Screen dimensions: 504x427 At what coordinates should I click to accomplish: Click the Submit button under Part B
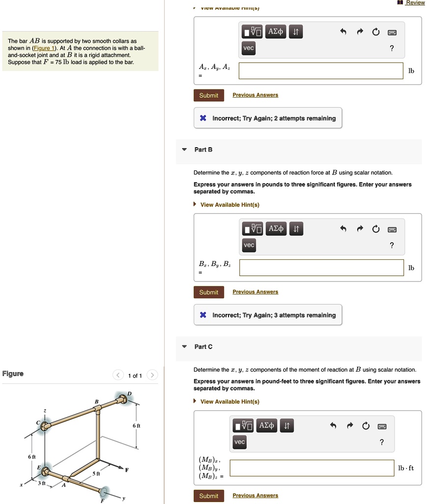click(x=208, y=292)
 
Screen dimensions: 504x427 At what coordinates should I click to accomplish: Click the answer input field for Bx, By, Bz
click(x=321, y=268)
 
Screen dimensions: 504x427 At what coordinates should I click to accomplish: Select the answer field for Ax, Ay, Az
click(x=321, y=71)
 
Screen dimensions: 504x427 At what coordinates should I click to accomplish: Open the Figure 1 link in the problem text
click(x=44, y=48)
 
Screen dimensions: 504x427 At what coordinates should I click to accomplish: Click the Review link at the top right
click(x=415, y=3)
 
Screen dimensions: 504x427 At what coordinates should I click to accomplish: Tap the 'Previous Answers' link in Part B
click(x=255, y=292)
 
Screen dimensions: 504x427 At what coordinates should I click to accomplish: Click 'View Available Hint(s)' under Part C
click(x=229, y=402)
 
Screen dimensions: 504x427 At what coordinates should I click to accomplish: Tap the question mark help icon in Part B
click(x=391, y=245)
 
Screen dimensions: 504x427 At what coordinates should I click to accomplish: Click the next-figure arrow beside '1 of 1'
click(x=152, y=376)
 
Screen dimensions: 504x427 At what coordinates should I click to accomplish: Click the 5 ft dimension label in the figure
click(x=97, y=473)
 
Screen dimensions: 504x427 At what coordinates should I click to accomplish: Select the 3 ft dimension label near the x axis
click(x=42, y=483)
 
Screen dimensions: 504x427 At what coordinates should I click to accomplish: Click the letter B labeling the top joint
click(x=96, y=402)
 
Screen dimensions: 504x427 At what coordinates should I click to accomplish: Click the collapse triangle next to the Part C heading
click(x=184, y=346)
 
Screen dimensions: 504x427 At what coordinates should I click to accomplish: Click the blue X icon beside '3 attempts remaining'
click(x=203, y=315)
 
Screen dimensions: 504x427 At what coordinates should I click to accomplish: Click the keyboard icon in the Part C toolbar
click(x=382, y=426)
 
